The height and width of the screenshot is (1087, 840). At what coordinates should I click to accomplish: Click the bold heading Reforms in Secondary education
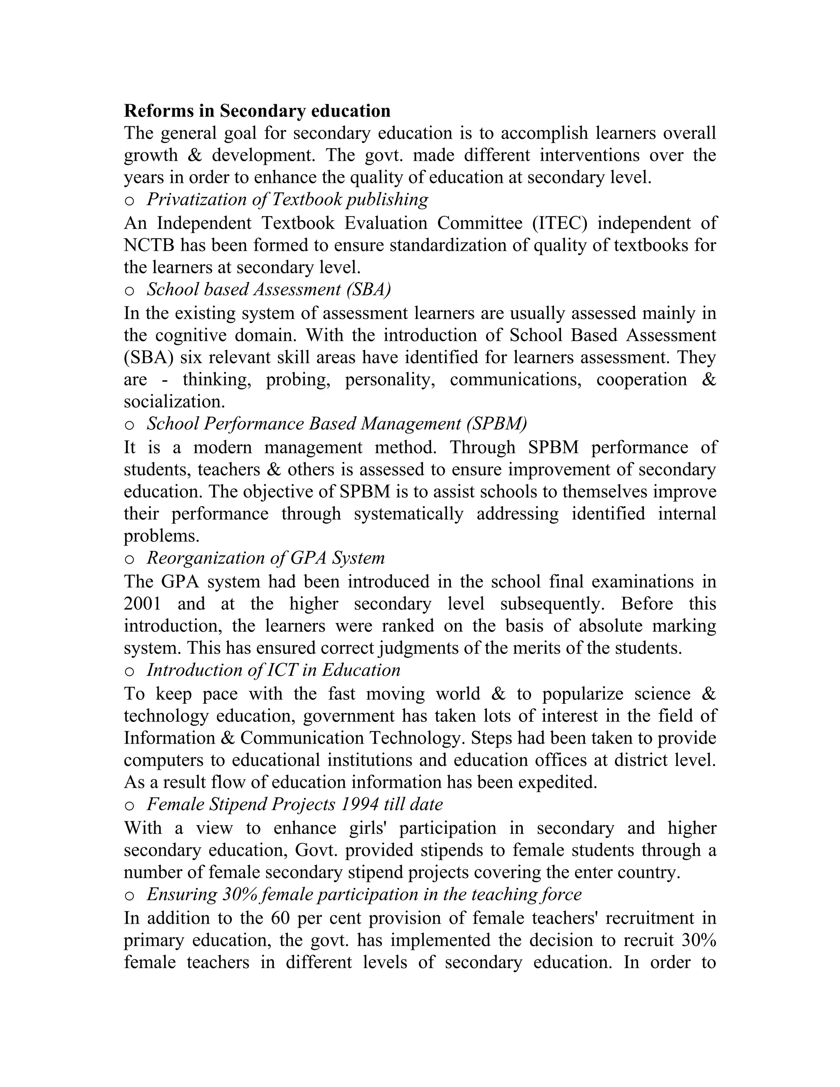(257, 110)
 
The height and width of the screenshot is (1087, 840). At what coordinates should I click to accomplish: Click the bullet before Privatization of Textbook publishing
(129, 201)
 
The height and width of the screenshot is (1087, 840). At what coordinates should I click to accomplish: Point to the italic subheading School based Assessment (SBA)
(269, 290)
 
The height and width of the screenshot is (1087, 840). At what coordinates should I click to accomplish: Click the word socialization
(174, 402)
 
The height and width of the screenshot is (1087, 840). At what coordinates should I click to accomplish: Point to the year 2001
(143, 604)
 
